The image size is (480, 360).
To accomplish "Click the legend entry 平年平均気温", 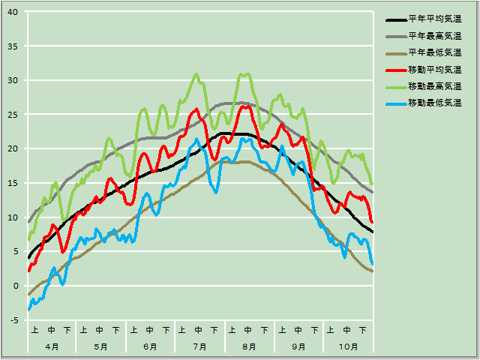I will pos(434,19).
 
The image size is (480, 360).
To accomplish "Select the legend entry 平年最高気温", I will pos(434,36).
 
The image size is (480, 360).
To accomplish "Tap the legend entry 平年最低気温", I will pos(434,52).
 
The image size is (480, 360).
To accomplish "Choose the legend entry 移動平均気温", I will pos(434,69).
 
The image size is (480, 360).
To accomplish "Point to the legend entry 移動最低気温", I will pos(434,102).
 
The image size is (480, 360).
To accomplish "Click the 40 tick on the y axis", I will pos(14,12).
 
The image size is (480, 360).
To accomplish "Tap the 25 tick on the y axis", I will pos(14,115).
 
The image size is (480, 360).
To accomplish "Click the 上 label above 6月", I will pos(133,329).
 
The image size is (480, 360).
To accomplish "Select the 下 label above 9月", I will pos(314,329).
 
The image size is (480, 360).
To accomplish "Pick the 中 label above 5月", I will pos(100,329).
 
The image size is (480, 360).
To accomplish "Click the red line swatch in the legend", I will pos(395,70).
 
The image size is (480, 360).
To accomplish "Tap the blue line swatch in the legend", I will pos(395,103).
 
